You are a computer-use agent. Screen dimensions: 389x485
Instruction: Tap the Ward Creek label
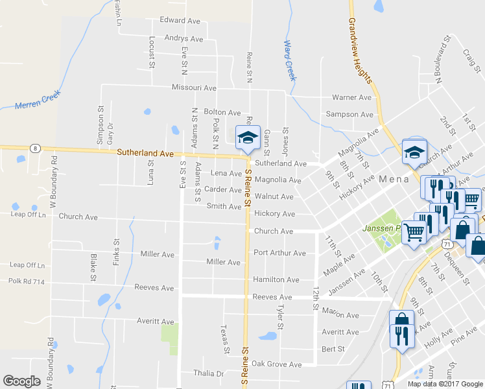tap(290, 60)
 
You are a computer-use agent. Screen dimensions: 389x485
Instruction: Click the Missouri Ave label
tap(194, 88)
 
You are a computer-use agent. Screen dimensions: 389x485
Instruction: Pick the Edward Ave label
tap(180, 21)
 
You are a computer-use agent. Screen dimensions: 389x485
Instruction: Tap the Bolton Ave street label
tap(222, 112)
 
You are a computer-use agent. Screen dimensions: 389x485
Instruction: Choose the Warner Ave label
tap(351, 97)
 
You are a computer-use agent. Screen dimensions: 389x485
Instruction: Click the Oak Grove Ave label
tap(277, 364)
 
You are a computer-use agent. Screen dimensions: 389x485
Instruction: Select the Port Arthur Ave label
tap(279, 253)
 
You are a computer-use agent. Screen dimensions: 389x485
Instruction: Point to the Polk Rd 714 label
tap(27, 281)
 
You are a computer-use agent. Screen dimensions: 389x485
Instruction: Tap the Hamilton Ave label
tap(276, 279)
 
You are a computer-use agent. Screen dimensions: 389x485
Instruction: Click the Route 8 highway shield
tap(34, 148)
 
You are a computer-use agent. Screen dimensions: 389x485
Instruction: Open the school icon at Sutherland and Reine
tap(247, 137)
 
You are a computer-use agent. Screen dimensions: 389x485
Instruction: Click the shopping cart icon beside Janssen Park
tap(414, 231)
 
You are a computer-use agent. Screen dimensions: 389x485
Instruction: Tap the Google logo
tap(22, 381)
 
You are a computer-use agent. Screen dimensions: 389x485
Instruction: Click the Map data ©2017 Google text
tap(445, 384)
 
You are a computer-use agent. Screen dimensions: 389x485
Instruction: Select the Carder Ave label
tap(223, 190)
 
